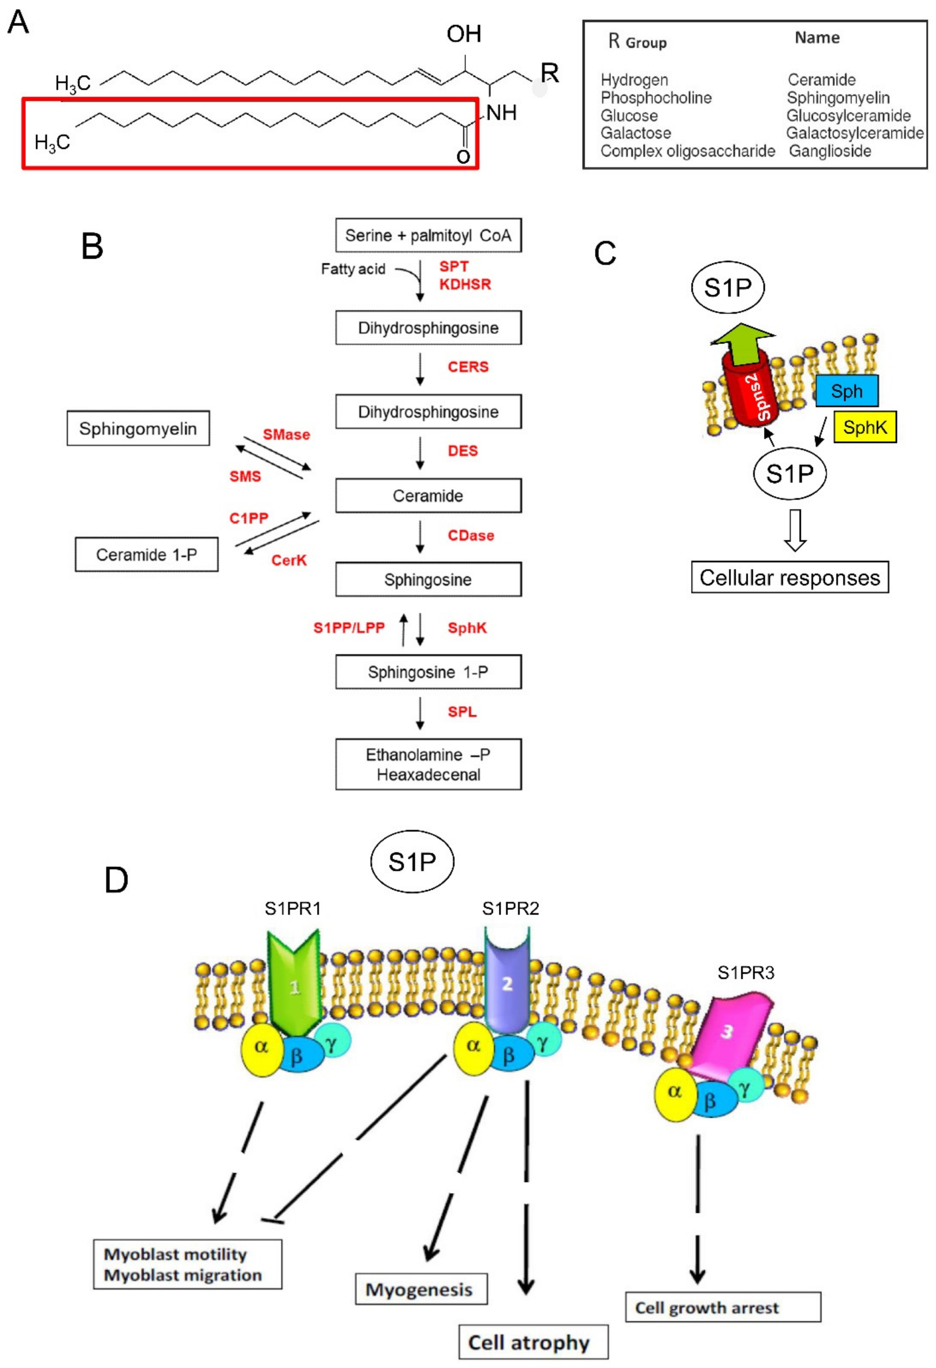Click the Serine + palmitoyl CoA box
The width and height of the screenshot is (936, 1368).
point(428,236)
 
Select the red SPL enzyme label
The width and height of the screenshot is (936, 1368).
point(462,712)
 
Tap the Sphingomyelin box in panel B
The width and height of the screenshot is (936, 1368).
point(138,429)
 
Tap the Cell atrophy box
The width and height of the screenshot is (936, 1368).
point(533,1343)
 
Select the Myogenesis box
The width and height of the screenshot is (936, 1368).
point(420,1290)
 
